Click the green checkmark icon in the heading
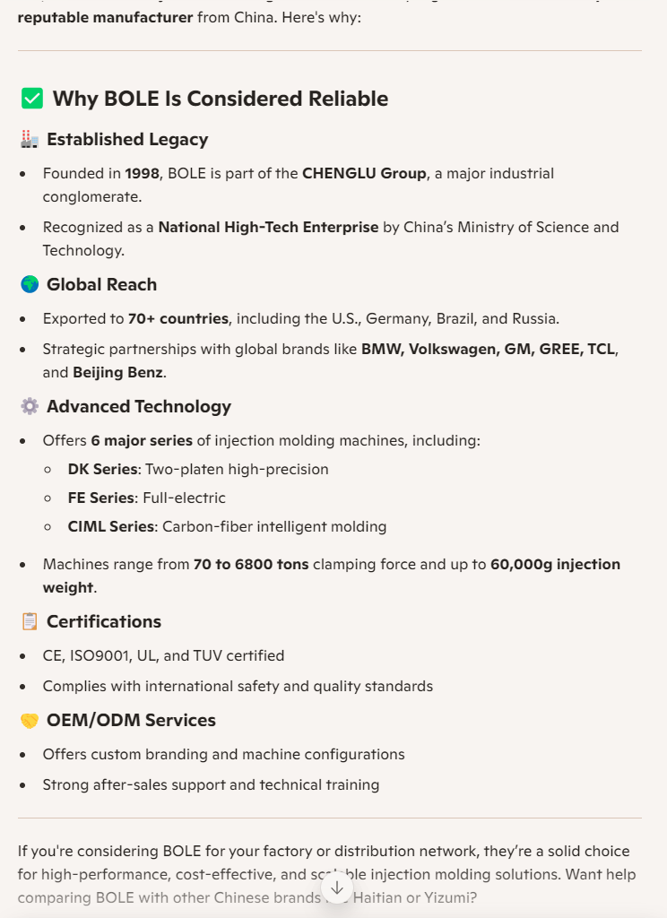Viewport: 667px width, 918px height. point(31,99)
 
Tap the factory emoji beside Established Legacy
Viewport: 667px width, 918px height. point(30,139)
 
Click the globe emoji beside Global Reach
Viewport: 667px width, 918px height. point(30,284)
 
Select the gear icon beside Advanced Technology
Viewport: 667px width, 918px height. point(30,406)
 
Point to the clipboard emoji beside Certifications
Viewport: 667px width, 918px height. point(30,621)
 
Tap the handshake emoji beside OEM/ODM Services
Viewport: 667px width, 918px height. point(30,720)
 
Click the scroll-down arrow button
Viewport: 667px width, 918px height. point(337,888)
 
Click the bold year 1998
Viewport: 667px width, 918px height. point(142,173)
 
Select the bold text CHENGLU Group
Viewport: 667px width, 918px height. point(364,173)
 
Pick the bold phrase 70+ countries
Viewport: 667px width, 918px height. point(178,318)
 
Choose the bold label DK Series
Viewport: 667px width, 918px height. point(103,469)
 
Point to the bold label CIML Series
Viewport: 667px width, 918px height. point(111,526)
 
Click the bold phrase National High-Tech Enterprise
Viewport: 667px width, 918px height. point(268,227)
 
